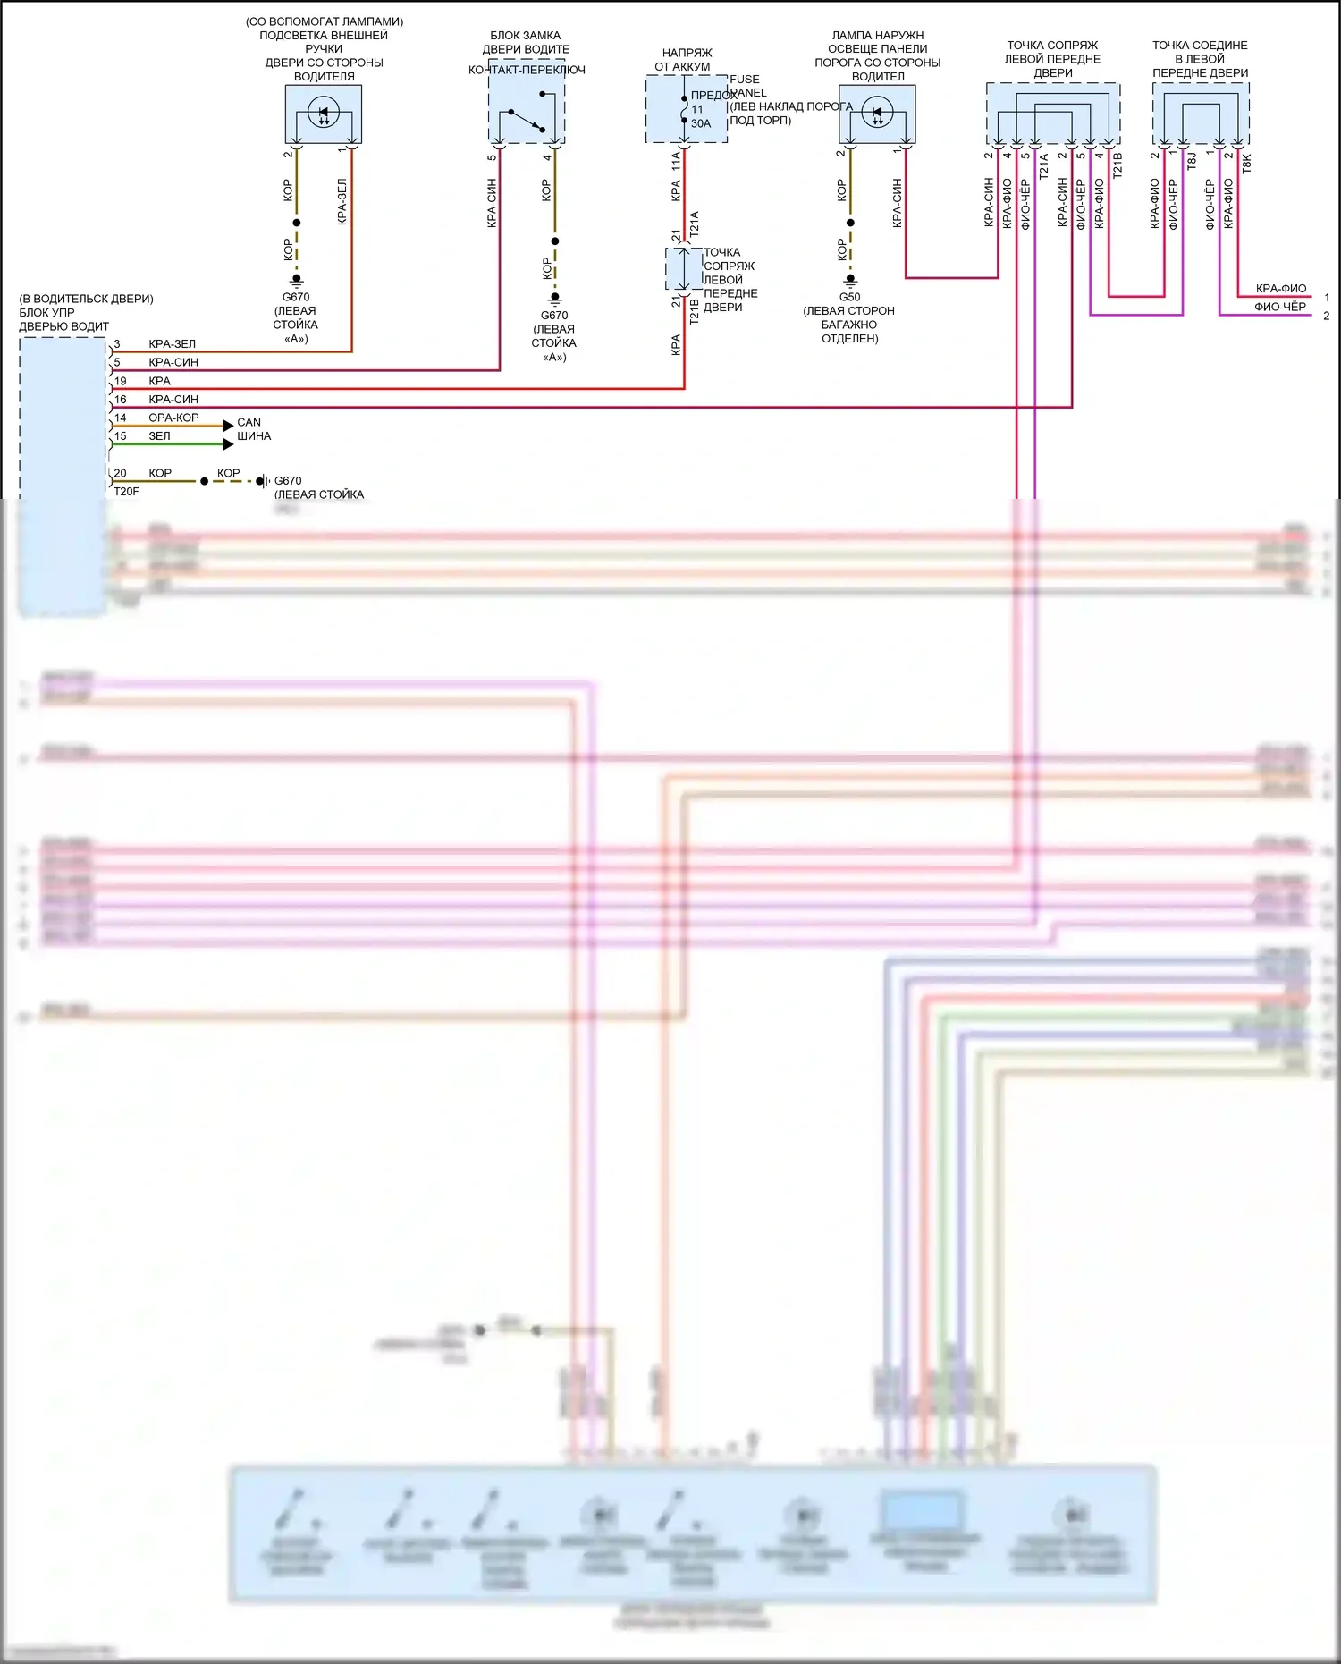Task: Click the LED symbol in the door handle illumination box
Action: (324, 113)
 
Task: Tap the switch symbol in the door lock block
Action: (527, 119)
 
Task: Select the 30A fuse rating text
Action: (701, 124)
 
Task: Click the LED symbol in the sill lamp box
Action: (877, 113)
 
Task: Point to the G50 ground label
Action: (849, 297)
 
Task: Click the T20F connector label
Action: (126, 492)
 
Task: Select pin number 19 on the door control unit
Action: (120, 381)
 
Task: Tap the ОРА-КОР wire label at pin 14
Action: (173, 418)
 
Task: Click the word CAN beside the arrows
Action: (249, 422)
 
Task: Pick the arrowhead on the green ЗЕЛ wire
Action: (228, 444)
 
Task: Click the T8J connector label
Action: (1192, 161)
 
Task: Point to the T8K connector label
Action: (1247, 163)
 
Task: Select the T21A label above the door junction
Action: (695, 224)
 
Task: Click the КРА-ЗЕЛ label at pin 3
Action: (172, 344)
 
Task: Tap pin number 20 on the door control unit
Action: (120, 473)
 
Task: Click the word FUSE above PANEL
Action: (745, 80)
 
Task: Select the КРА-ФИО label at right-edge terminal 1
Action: (1280, 288)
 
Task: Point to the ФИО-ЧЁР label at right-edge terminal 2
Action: (1279, 307)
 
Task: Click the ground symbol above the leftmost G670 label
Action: (297, 279)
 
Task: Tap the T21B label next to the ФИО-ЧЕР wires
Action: (1117, 165)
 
